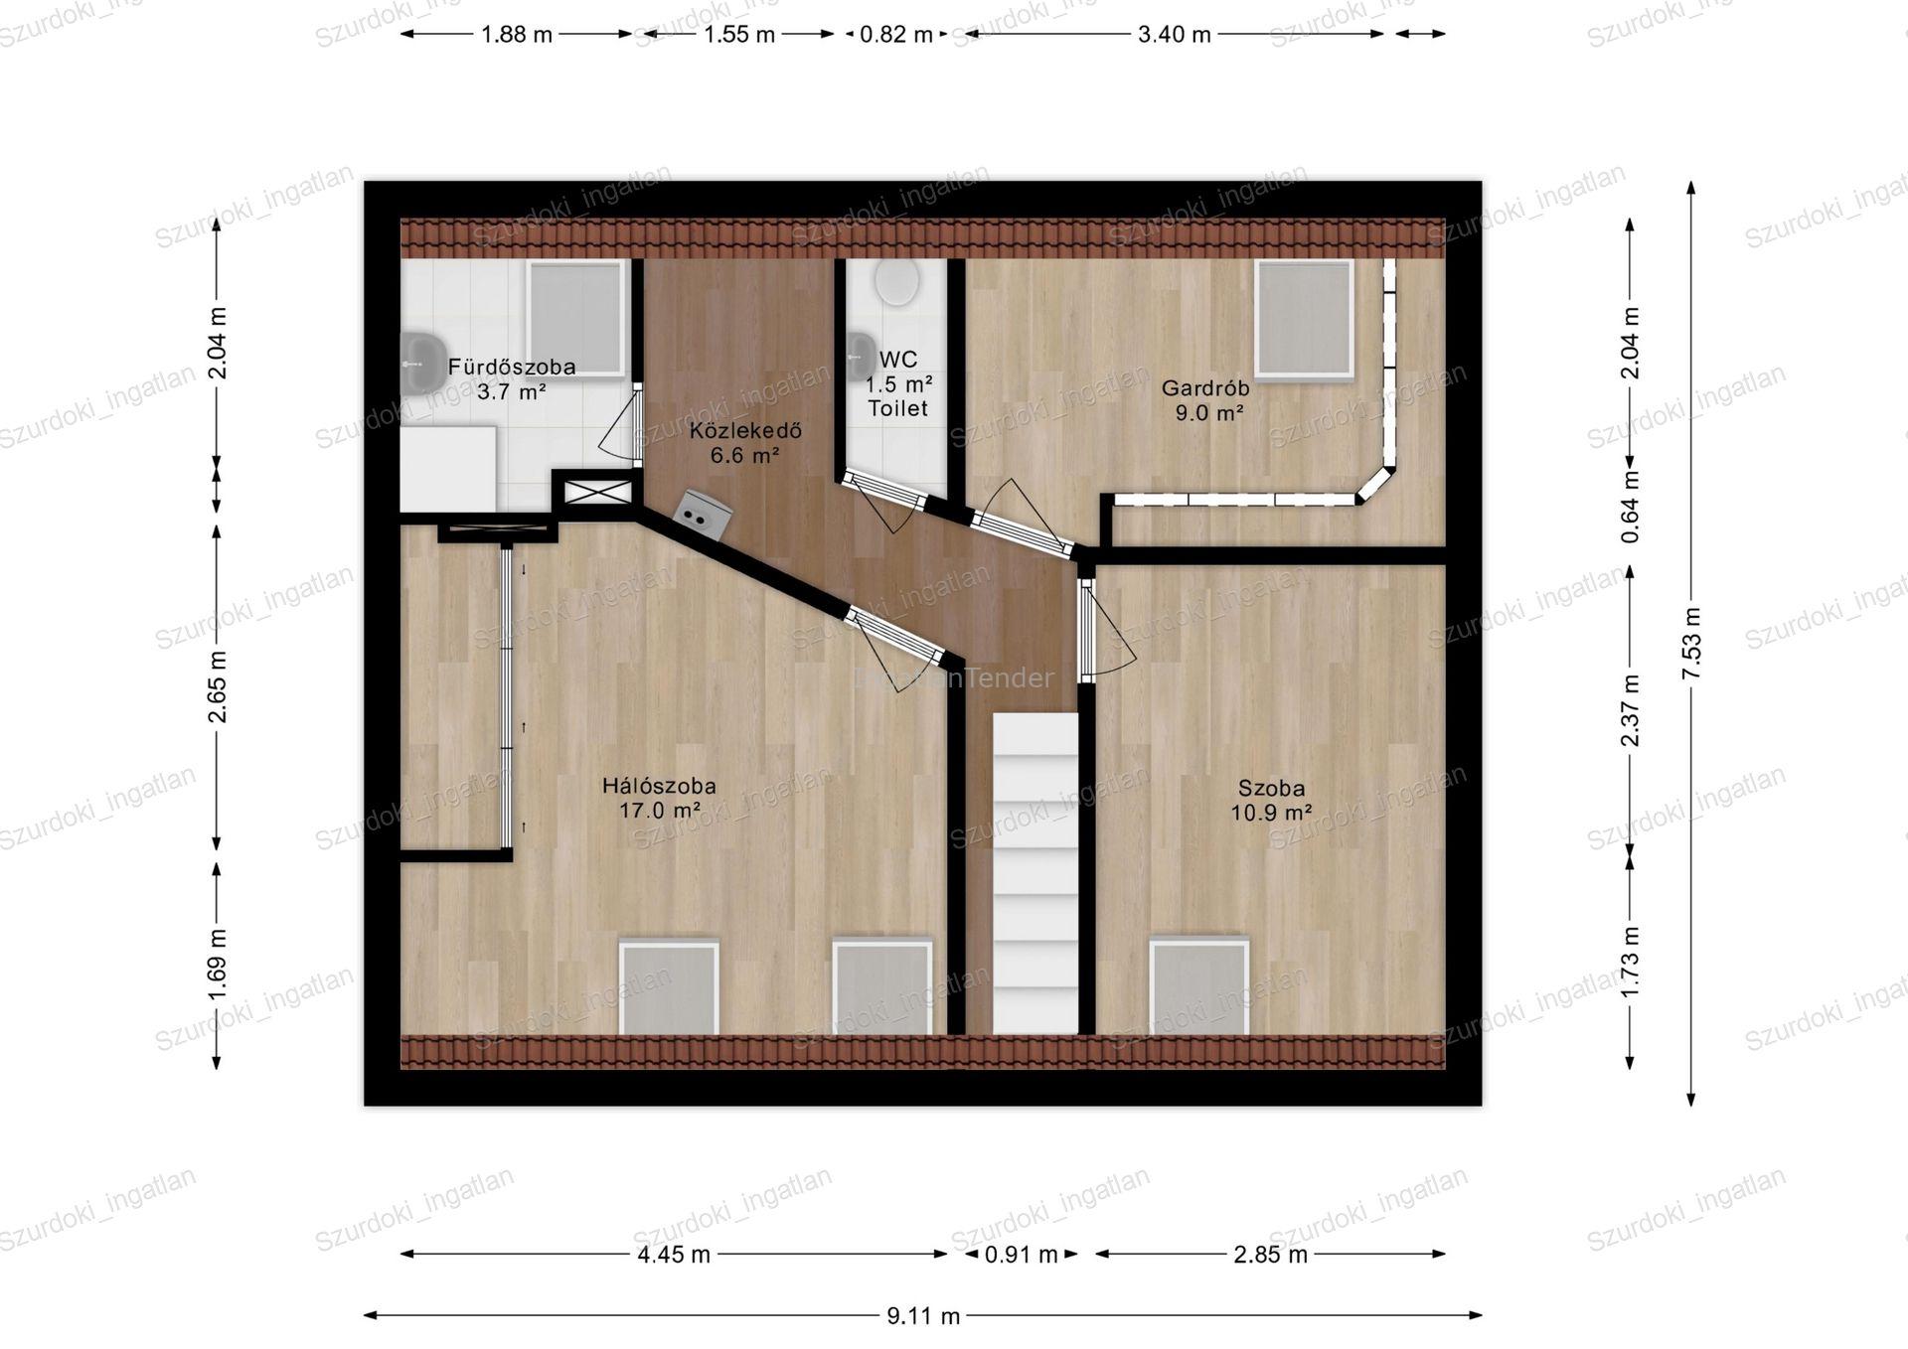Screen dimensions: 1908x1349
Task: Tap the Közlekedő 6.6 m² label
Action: tap(745, 443)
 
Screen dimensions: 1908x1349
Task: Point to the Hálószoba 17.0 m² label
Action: tap(659, 798)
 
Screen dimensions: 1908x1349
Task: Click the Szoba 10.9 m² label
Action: tap(1271, 801)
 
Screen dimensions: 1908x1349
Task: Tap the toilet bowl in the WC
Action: tap(896, 282)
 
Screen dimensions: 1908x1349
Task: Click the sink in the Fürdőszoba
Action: tap(422, 364)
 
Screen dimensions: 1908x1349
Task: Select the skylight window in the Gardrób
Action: tap(1304, 320)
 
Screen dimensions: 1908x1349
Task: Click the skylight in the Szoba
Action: tap(1198, 986)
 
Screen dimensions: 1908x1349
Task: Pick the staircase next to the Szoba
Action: tap(1035, 873)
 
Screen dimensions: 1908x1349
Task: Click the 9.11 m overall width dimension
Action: tap(923, 1316)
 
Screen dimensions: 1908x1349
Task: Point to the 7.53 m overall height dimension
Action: tap(1691, 644)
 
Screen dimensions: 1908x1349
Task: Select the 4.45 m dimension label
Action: tap(674, 1255)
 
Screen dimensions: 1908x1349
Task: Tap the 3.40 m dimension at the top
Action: tap(1175, 35)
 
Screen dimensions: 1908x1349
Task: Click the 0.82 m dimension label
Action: tap(896, 35)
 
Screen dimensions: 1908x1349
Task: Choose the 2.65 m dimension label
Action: tap(218, 686)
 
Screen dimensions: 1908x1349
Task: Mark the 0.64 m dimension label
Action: tap(1630, 507)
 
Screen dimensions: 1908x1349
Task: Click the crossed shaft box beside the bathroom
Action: tap(596, 491)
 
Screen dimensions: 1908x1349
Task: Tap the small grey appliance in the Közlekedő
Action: tap(703, 515)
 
